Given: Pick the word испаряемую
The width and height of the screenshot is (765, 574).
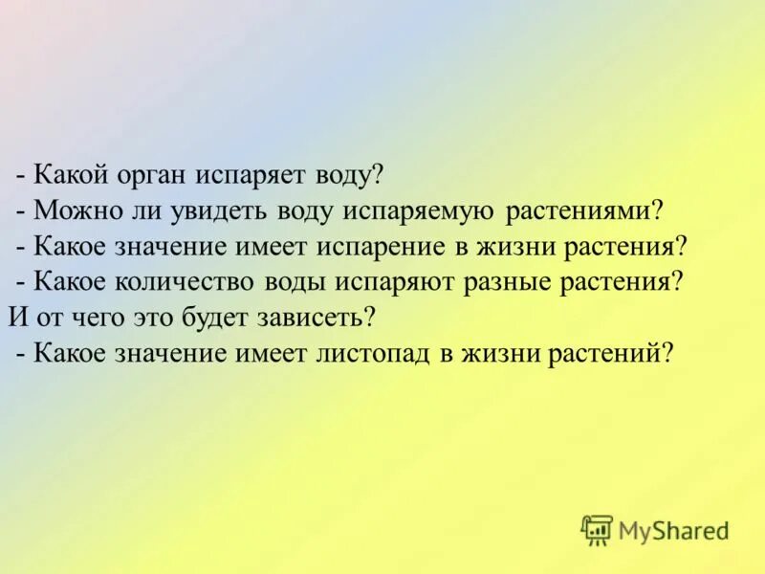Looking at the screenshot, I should tap(412, 210).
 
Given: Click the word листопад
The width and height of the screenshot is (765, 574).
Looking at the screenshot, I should tap(371, 352).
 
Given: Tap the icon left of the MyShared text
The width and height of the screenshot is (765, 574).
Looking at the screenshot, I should tap(598, 529).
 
